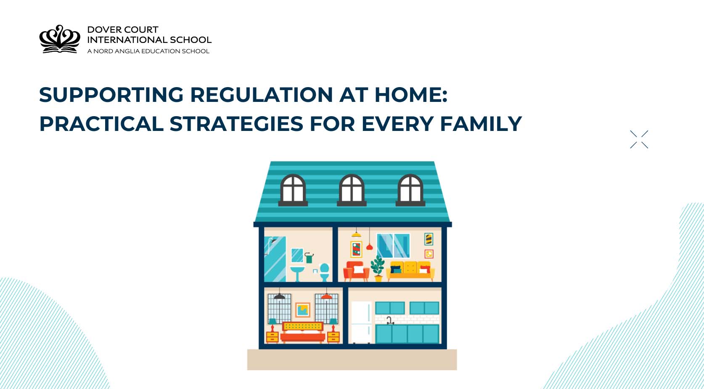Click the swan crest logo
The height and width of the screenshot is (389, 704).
click(59, 39)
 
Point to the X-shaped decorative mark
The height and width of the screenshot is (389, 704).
click(639, 139)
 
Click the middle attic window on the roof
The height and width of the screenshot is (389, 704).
click(352, 189)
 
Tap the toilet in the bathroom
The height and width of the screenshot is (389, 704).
click(324, 272)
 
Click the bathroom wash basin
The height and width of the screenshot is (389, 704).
click(297, 271)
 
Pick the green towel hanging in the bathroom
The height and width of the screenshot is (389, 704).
click(309, 258)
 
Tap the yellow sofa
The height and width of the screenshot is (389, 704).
click(410, 271)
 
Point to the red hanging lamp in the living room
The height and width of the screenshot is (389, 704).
click(369, 247)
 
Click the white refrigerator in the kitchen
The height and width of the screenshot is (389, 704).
click(361, 322)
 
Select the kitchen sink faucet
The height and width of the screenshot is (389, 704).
click(389, 320)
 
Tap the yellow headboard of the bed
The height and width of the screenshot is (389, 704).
click(303, 326)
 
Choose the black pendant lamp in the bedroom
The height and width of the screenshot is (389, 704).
click(279, 296)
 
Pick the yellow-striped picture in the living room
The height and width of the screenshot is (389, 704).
click(429, 239)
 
